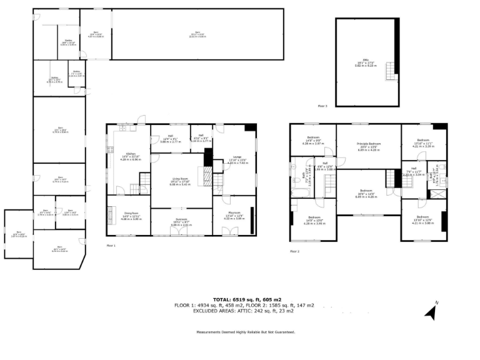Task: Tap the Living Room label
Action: [181, 182]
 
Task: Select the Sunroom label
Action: [181, 222]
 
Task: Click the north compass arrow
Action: [431, 310]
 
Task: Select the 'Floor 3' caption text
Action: [322, 107]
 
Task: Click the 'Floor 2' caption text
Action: [294, 251]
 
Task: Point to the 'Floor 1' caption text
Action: [111, 246]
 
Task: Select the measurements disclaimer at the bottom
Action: [245, 332]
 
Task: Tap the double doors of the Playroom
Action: [230, 232]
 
